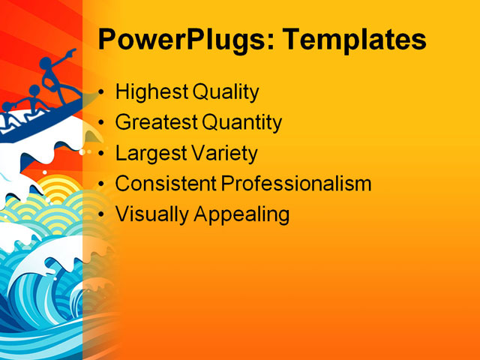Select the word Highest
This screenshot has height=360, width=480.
(x=151, y=93)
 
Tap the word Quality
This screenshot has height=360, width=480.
(x=225, y=93)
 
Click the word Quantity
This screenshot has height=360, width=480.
(x=241, y=123)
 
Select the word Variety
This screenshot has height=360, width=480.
(x=223, y=154)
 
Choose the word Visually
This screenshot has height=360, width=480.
(x=151, y=214)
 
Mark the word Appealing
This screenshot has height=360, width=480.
(x=242, y=214)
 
